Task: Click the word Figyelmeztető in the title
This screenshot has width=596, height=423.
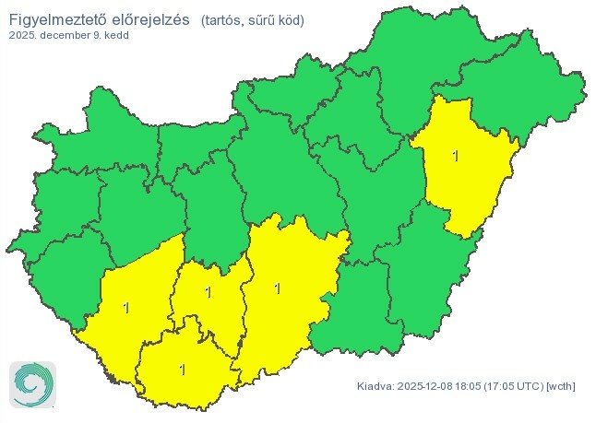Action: click(x=60, y=19)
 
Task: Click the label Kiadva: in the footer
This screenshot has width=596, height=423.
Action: click(x=375, y=385)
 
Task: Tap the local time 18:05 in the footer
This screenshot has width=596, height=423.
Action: click(x=474, y=385)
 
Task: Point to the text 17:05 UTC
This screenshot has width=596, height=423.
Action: click(x=515, y=385)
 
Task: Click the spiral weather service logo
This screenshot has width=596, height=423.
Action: click(x=32, y=383)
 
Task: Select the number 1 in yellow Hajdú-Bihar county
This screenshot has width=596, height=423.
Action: click(x=455, y=156)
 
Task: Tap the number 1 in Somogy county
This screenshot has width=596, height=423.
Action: click(x=126, y=307)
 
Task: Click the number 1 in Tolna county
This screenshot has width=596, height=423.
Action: click(x=209, y=293)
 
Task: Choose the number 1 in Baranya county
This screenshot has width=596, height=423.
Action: click(x=182, y=370)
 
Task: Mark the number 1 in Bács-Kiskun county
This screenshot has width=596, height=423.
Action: click(x=277, y=288)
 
